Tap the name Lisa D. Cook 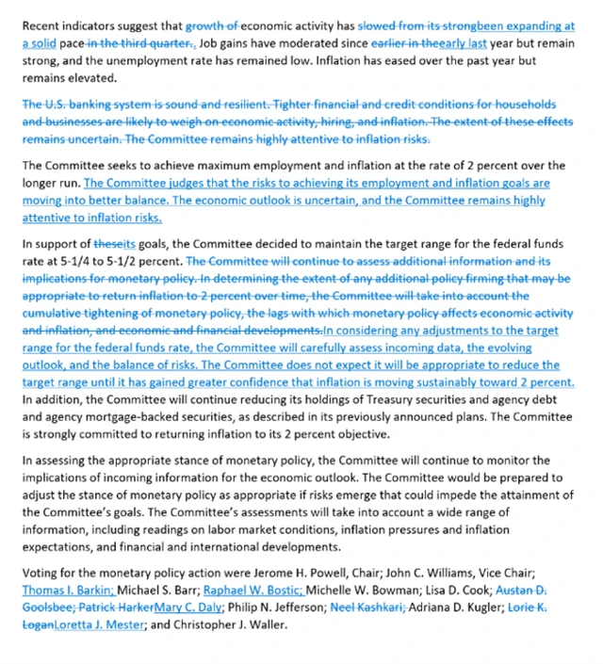(x=444, y=591)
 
